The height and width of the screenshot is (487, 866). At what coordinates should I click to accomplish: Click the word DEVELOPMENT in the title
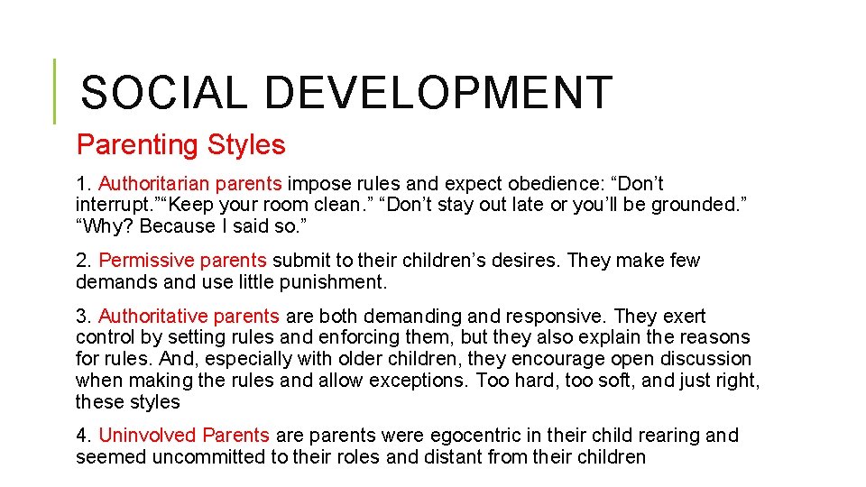[439, 93]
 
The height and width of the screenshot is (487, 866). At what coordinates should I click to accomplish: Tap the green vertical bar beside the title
[54, 91]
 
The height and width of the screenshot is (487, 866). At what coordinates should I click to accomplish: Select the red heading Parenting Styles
[180, 144]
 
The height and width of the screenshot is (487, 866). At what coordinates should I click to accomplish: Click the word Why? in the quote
[105, 225]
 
